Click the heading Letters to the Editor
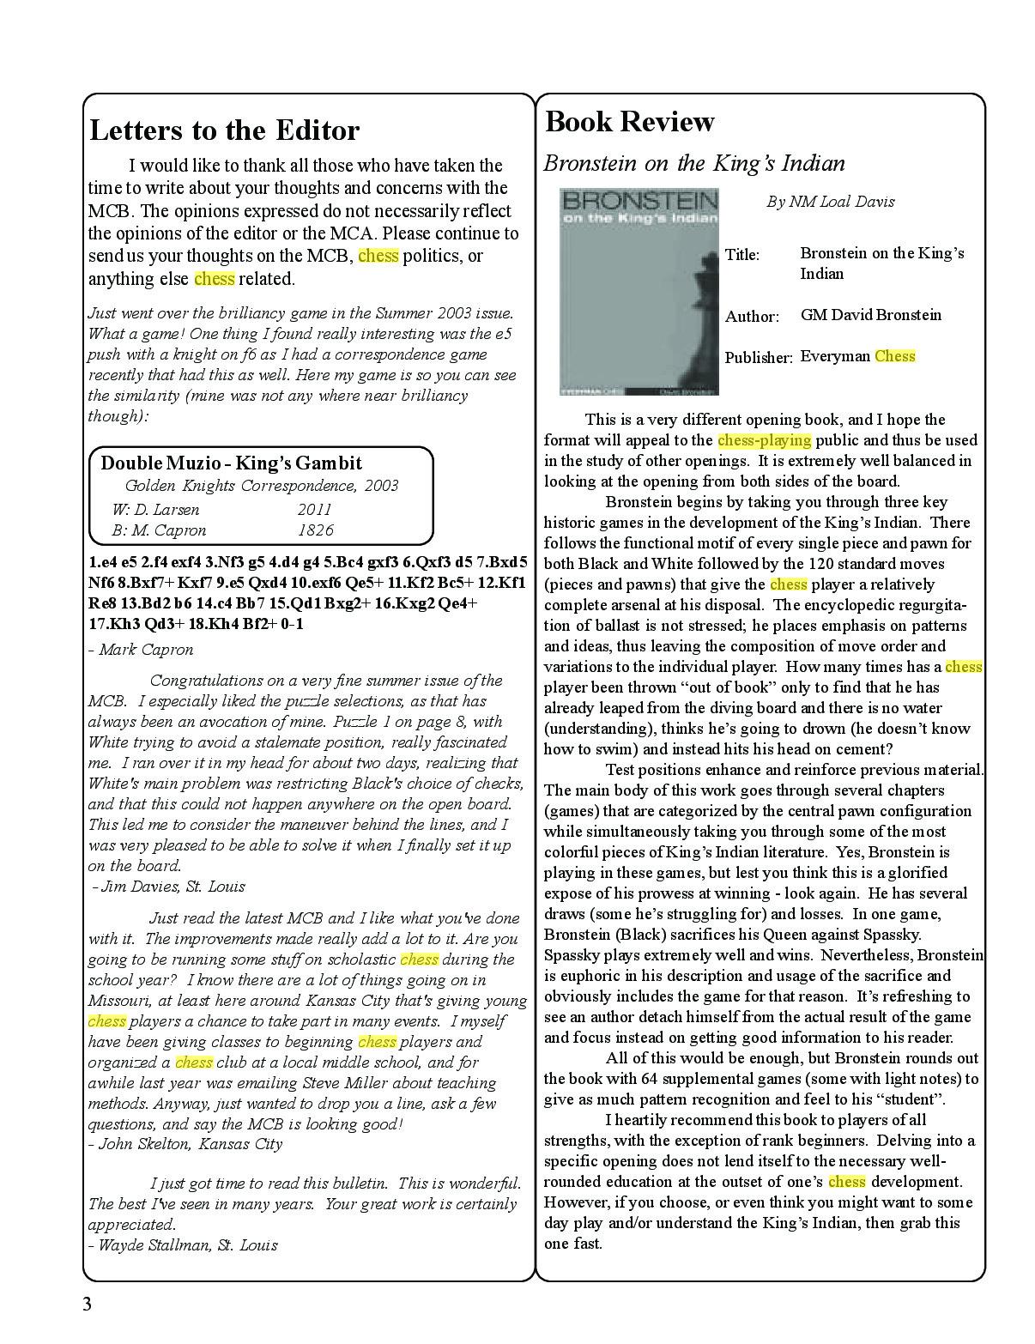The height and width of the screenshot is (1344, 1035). [224, 130]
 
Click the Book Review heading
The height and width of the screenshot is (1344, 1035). [629, 122]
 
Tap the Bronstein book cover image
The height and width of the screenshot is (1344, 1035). [639, 292]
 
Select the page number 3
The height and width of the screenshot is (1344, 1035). [87, 1305]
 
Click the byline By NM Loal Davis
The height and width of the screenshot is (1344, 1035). [830, 202]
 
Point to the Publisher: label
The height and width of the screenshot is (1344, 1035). [758, 358]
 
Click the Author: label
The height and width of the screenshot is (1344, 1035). [752, 317]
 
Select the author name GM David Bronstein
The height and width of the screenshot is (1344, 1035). [870, 315]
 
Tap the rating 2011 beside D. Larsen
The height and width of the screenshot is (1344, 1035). [314, 509]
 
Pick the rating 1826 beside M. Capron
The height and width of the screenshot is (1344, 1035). [315, 530]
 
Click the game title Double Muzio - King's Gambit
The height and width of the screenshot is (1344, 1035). [232, 463]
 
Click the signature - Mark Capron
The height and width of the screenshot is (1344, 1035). [141, 650]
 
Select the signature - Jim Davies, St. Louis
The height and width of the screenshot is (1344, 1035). [168, 887]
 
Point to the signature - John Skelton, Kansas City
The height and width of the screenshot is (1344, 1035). [185, 1144]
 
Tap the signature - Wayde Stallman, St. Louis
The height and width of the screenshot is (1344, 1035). [183, 1244]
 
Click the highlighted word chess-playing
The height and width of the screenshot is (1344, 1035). [764, 440]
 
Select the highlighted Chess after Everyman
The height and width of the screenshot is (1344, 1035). [895, 356]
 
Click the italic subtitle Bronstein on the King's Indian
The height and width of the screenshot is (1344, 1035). [694, 163]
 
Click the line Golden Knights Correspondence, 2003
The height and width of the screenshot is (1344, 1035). [261, 486]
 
